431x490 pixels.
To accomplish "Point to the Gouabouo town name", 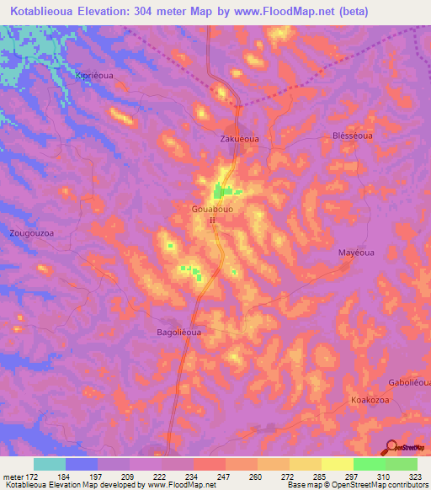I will (x=217, y=207).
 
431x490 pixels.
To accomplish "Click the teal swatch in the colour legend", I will (x=50, y=464).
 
